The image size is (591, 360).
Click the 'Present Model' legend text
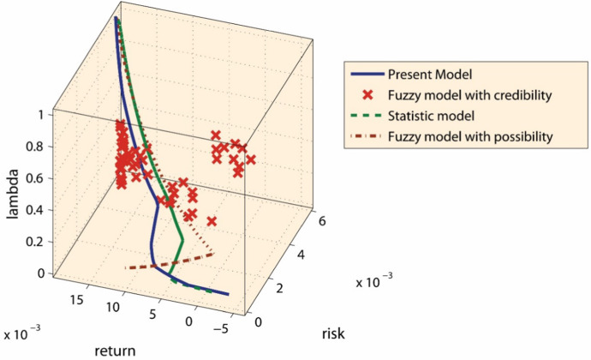(426, 73)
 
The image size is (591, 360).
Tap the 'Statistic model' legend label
(428, 115)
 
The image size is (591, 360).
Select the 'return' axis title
(111, 351)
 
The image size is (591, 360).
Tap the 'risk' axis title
(331, 333)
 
